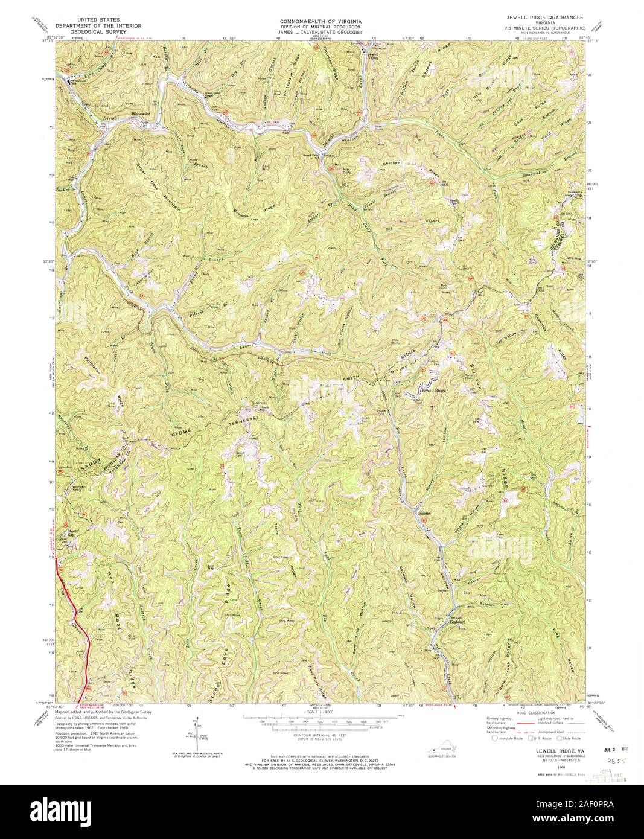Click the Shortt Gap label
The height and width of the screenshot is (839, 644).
(73, 533)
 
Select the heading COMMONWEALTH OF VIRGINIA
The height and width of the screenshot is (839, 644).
(320, 20)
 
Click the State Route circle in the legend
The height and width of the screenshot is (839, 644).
(559, 738)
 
